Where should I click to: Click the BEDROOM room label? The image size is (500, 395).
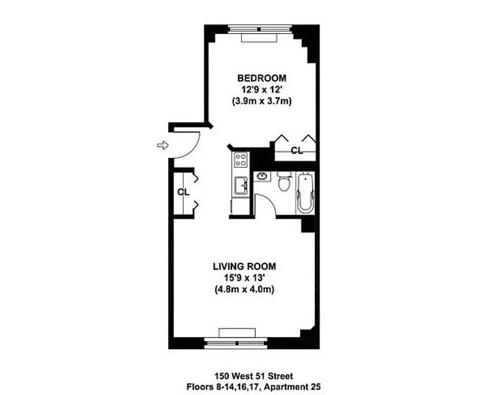(261, 78)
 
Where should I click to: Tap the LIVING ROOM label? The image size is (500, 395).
(244, 266)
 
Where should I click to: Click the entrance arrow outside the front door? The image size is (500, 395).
(161, 145)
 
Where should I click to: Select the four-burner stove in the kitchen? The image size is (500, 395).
(241, 159)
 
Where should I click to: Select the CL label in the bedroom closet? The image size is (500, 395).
(296, 151)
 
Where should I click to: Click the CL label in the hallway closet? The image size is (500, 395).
(183, 192)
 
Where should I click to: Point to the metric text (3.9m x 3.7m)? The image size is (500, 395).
(261, 101)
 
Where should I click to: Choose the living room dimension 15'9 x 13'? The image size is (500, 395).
(244, 278)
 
